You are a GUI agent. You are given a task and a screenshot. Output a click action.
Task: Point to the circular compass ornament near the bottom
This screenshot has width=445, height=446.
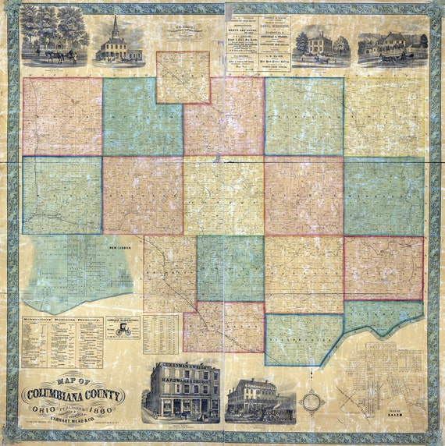pos(311,401)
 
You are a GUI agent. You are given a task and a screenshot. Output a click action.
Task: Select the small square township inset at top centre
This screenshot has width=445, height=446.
pos(183,77)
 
